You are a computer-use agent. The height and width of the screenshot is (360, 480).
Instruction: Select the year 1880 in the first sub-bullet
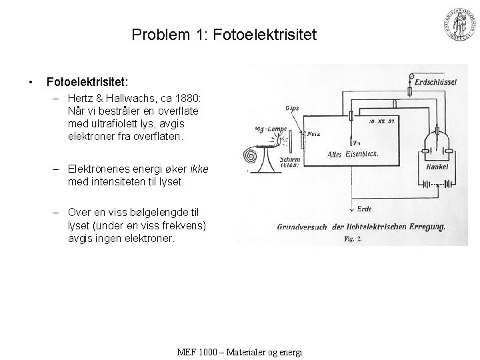point(194,97)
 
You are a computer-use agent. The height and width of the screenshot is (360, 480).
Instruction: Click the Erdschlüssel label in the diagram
point(434,81)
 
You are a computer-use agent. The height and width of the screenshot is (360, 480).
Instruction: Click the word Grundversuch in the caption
point(302,227)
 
